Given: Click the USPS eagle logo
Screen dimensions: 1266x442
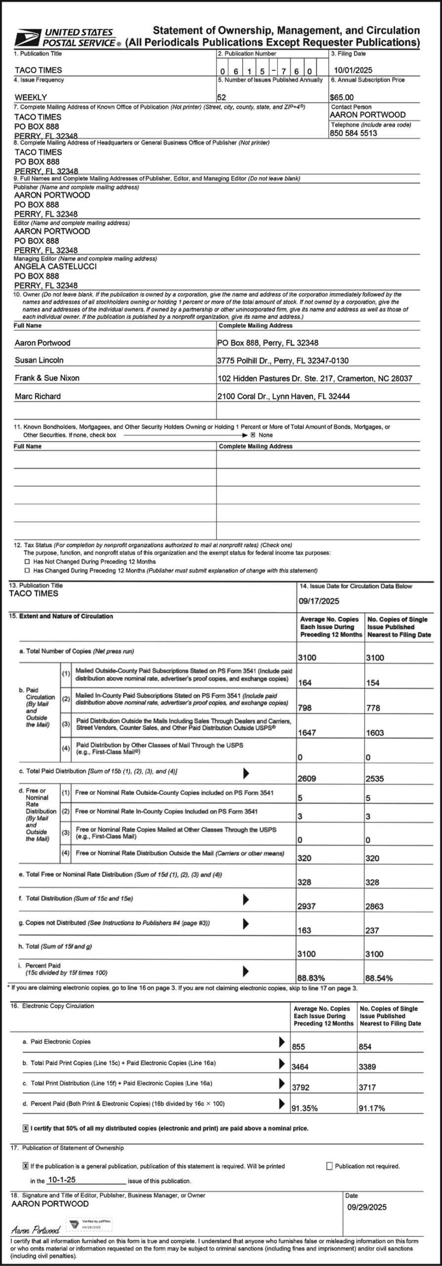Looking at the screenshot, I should click(x=27, y=38).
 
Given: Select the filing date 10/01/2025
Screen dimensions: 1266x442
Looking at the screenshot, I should click(x=353, y=70).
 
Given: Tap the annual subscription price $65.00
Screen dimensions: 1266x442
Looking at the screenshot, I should click(x=342, y=97).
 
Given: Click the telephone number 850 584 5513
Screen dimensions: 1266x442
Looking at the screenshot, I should click(x=354, y=133).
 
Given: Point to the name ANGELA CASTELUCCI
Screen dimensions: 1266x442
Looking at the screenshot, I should click(x=48, y=267).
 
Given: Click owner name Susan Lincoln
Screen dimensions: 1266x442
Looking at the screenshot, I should click(x=39, y=361).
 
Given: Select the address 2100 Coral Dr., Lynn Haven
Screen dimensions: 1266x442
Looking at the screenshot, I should click(x=283, y=396).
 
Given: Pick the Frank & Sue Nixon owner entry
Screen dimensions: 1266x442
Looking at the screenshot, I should click(x=47, y=378).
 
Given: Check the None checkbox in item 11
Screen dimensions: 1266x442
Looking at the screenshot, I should click(x=253, y=435).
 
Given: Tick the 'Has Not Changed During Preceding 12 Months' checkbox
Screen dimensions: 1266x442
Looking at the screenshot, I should click(x=27, y=562).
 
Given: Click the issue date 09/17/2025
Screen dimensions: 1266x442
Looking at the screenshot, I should click(x=319, y=601).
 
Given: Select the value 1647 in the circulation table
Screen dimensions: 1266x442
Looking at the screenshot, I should click(x=307, y=733).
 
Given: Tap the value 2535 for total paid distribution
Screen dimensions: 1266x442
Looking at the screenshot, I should click(x=375, y=779).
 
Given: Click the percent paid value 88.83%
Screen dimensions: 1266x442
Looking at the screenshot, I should click(x=311, y=978).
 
